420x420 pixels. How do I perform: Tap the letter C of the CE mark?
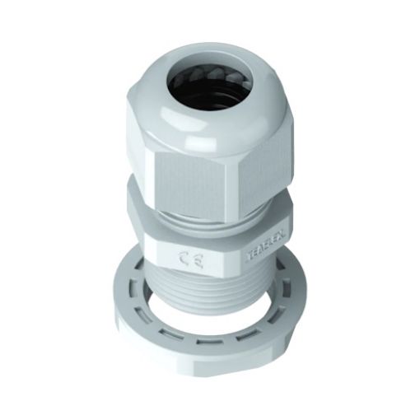tap(181, 259)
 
